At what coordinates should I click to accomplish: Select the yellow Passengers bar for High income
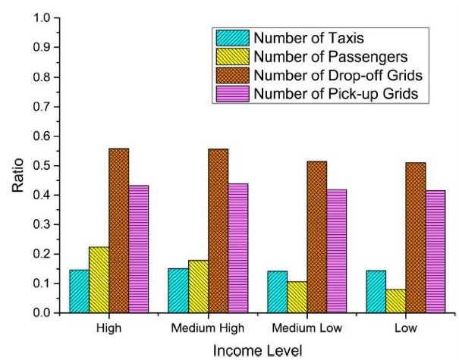click(99, 280)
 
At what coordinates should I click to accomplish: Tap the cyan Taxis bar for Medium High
click(178, 290)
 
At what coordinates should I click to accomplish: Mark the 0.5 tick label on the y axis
click(42, 166)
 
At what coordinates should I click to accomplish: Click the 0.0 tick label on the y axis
click(42, 313)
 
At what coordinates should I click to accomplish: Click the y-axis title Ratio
click(18, 166)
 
